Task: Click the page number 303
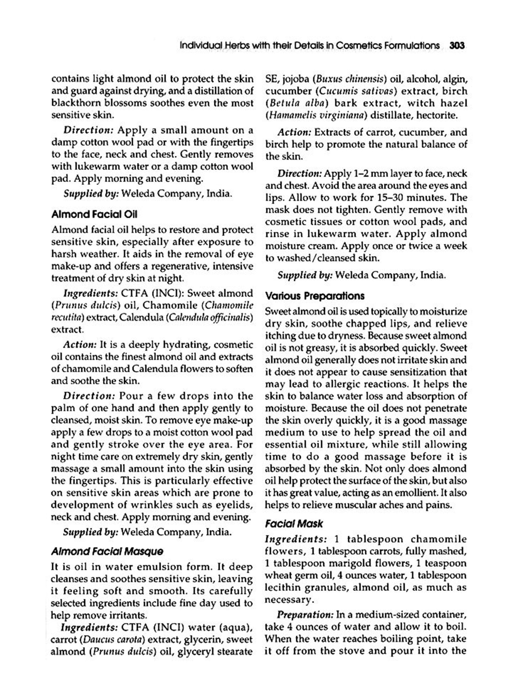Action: tap(457, 46)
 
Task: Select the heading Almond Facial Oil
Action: tap(94, 215)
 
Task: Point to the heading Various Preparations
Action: tap(315, 296)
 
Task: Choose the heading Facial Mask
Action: tap(294, 524)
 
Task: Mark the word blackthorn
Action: tap(71, 103)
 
